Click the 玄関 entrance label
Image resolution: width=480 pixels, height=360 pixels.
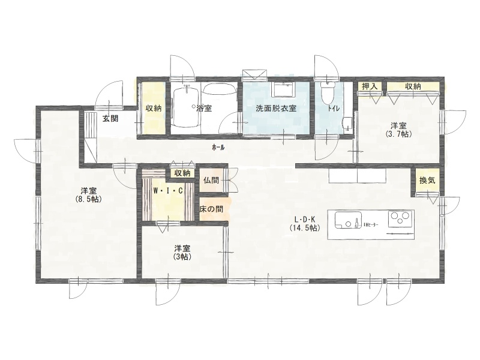(x=110, y=119)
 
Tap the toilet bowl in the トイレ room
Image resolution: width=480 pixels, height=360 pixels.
(x=327, y=92)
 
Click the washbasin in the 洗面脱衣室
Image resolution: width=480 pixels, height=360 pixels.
(x=283, y=89)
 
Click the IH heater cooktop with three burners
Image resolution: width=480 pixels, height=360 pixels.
(x=399, y=218)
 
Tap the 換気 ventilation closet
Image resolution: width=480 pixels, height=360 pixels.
(x=427, y=181)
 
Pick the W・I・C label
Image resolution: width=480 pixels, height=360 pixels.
(x=168, y=191)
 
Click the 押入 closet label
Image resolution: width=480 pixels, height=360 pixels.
(x=370, y=86)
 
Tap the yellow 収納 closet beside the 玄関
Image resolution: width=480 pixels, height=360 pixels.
(x=154, y=108)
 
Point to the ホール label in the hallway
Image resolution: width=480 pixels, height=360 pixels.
(x=218, y=148)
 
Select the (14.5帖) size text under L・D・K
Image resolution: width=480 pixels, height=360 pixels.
(x=305, y=228)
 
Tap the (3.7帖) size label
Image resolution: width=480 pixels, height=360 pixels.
(x=398, y=134)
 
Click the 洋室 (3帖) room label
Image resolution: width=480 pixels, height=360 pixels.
(x=183, y=252)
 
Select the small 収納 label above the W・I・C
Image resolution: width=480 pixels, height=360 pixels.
(x=182, y=173)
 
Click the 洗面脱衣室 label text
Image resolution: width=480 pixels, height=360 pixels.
(x=276, y=108)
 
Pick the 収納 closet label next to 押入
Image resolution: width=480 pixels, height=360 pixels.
(x=413, y=86)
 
